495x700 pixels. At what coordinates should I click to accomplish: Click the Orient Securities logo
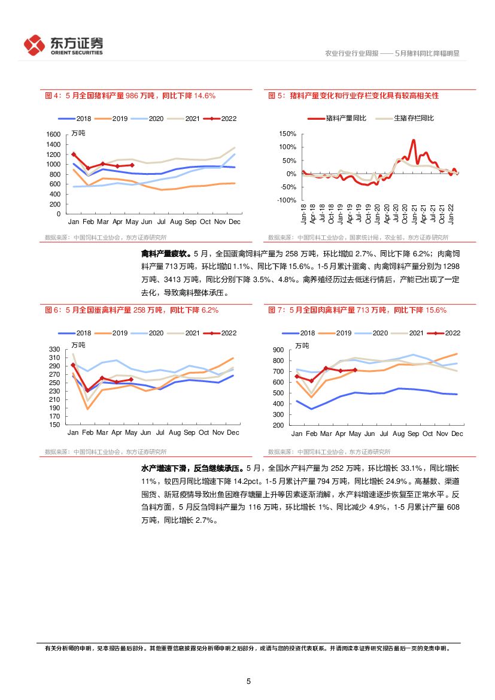pyautogui.click(x=63, y=45)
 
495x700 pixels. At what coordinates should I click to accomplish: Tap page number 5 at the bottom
pyautogui.click(x=248, y=681)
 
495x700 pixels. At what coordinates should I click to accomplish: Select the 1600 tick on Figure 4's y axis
pyautogui.click(x=53, y=135)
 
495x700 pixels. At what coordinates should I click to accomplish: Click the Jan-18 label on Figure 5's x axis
pyautogui.click(x=305, y=213)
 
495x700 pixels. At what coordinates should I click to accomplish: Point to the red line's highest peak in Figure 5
pyautogui.click(x=413, y=141)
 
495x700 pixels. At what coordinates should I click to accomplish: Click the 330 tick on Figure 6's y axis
pyautogui.click(x=54, y=350)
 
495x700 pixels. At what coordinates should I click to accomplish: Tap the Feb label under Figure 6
pyautogui.click(x=88, y=432)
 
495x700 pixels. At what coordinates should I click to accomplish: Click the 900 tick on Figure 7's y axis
pyautogui.click(x=278, y=350)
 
